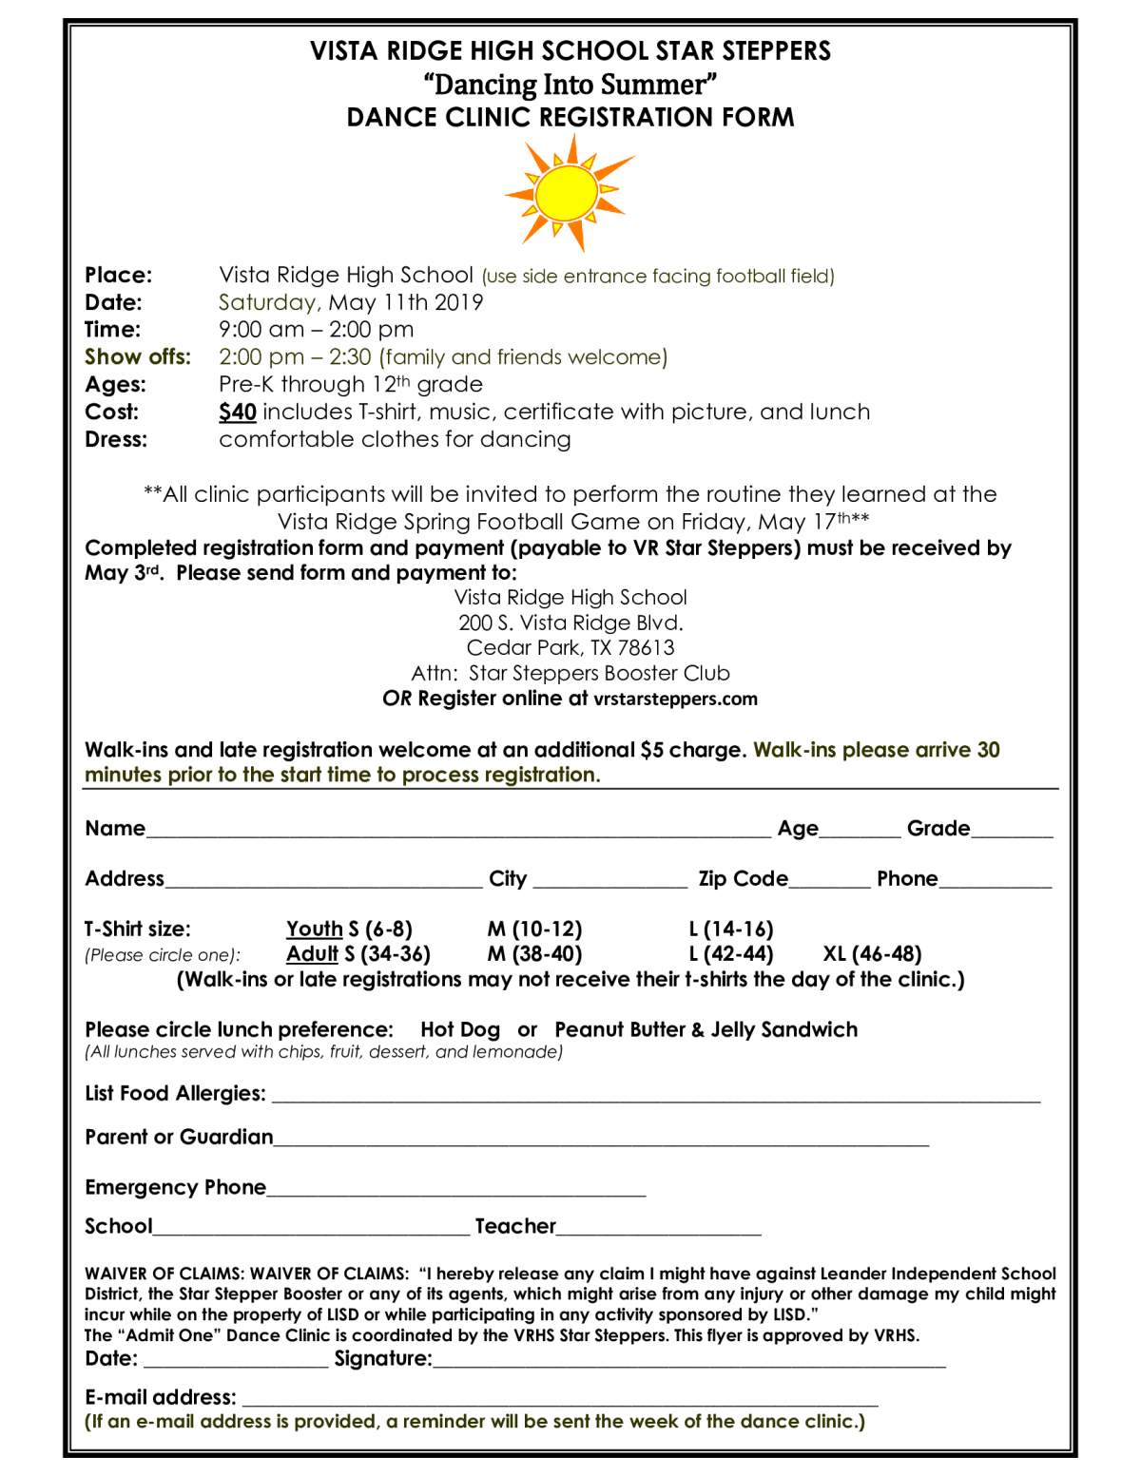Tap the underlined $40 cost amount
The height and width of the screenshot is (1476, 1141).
(237, 412)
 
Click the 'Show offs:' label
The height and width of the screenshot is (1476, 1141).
(138, 356)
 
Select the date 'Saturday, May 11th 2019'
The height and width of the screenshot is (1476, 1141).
(351, 302)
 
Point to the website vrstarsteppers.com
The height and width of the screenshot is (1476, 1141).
(675, 699)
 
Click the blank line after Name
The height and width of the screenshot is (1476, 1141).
(457, 830)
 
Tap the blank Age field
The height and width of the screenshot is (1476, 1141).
(860, 830)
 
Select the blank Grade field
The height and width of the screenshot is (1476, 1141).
(1012, 830)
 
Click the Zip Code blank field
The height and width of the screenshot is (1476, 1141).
(829, 880)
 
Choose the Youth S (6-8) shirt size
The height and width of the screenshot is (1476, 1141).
(349, 929)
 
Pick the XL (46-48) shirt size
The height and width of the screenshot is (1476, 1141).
(872, 953)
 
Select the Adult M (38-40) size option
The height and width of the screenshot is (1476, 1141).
(534, 953)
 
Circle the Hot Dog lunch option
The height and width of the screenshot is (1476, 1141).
(460, 1029)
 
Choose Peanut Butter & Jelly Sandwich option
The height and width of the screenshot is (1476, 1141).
(706, 1029)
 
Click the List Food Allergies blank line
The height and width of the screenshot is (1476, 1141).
(656, 1095)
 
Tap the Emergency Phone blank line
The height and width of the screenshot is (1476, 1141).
(456, 1189)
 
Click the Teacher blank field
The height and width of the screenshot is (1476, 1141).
(659, 1228)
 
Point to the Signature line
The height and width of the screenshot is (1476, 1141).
(689, 1360)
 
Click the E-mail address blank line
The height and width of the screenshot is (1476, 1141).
(560, 1398)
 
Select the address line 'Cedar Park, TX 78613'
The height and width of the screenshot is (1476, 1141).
(570, 647)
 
